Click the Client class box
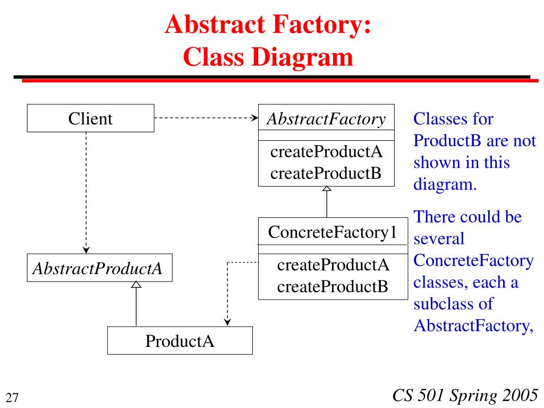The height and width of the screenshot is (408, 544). [90, 118]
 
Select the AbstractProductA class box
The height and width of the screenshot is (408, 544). [99, 268]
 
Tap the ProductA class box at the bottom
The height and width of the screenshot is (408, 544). [180, 341]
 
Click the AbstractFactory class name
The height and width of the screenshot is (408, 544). [326, 119]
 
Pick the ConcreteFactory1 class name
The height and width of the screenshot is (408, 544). [333, 232]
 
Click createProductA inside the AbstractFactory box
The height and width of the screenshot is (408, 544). [326, 151]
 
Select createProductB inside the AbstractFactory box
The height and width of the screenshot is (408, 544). [326, 173]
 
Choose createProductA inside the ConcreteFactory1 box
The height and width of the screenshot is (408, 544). [333, 265]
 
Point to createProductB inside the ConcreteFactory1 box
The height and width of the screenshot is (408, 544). [333, 286]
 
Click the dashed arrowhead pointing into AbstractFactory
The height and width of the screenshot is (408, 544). [254, 118]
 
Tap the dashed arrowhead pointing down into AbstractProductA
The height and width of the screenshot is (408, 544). [86, 250]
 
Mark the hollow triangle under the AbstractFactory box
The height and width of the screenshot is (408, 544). [327, 189]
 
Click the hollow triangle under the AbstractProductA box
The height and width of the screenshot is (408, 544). [137, 285]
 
